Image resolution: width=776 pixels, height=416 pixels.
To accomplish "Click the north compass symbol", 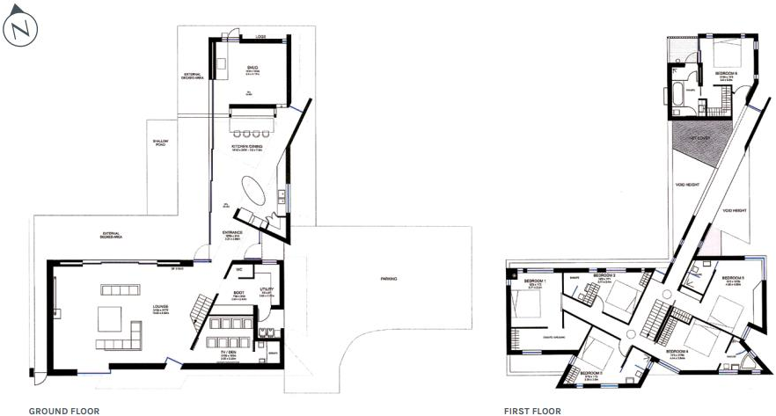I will (x=20, y=28).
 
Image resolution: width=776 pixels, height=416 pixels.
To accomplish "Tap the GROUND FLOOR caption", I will (x=64, y=410).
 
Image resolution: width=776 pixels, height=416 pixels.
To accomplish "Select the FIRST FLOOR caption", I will (x=532, y=410).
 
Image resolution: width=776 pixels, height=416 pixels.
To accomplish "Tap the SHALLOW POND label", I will (x=161, y=142).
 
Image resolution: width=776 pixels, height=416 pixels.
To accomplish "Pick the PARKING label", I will (x=389, y=279).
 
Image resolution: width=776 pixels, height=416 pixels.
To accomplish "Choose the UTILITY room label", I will (x=267, y=288).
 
